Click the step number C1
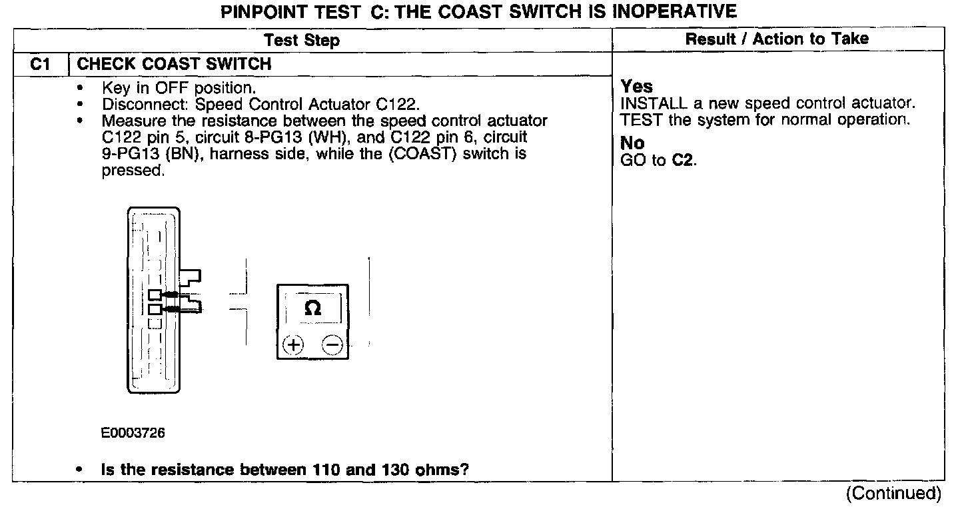coord(40,65)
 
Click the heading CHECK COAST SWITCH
coord(175,65)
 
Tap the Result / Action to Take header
coord(777,39)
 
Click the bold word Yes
coord(637,87)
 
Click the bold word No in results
coord(632,143)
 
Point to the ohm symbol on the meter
coord(312,308)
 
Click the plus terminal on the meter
coord(293,344)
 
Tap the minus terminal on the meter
coord(332,344)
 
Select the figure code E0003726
coord(133,433)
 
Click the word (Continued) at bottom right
coord(893,494)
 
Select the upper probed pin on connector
coord(155,294)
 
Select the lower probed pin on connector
coord(155,309)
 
